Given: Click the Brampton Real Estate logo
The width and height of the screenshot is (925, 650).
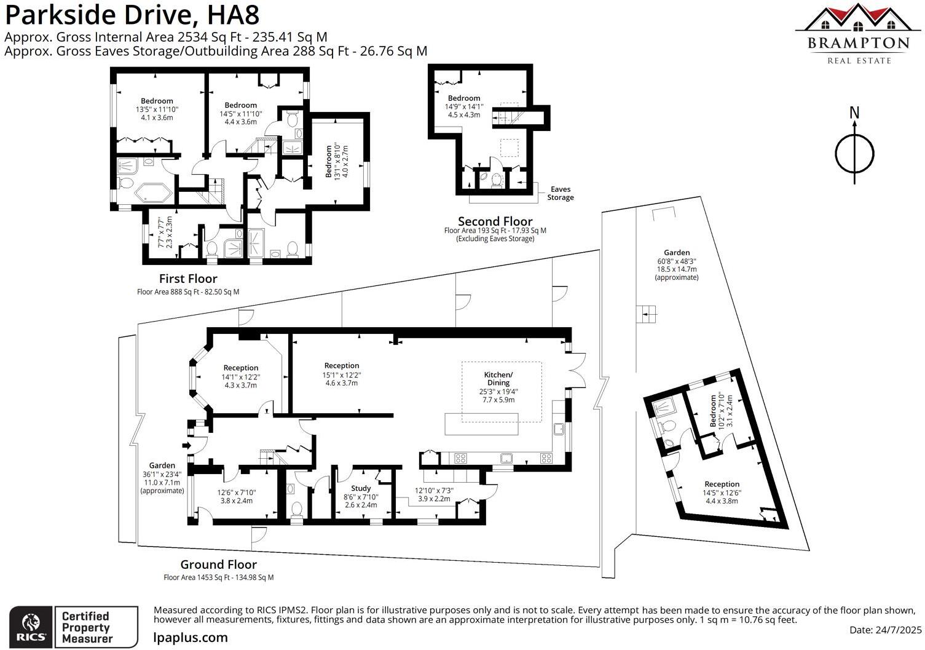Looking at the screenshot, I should click(x=858, y=34).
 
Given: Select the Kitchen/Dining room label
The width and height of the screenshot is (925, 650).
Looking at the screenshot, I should click(x=498, y=387).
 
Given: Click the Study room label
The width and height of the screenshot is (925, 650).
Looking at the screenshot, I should click(x=361, y=496).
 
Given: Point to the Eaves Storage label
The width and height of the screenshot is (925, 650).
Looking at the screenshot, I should click(x=561, y=194).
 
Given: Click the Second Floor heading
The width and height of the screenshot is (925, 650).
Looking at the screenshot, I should click(x=495, y=221).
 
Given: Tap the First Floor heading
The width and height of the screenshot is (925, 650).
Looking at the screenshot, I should click(x=188, y=279).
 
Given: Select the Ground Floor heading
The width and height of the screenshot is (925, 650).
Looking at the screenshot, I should click(x=218, y=565).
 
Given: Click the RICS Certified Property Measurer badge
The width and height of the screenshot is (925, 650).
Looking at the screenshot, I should click(x=73, y=627).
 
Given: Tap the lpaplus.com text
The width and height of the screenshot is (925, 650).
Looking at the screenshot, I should click(x=191, y=638).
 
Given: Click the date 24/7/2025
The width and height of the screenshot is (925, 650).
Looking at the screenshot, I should click(x=886, y=630).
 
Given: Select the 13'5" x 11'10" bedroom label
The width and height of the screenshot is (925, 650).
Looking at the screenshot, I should click(x=157, y=109).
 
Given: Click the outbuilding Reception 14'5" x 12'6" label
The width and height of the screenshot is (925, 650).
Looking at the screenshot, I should click(x=722, y=492).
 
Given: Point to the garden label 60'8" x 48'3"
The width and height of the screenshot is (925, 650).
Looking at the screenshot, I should click(x=677, y=264).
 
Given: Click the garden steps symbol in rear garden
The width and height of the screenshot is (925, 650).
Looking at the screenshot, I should click(x=646, y=314).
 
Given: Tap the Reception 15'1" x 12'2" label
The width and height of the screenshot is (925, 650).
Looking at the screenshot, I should click(x=342, y=374).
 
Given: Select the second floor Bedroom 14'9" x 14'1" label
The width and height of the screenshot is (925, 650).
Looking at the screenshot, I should click(x=464, y=106).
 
